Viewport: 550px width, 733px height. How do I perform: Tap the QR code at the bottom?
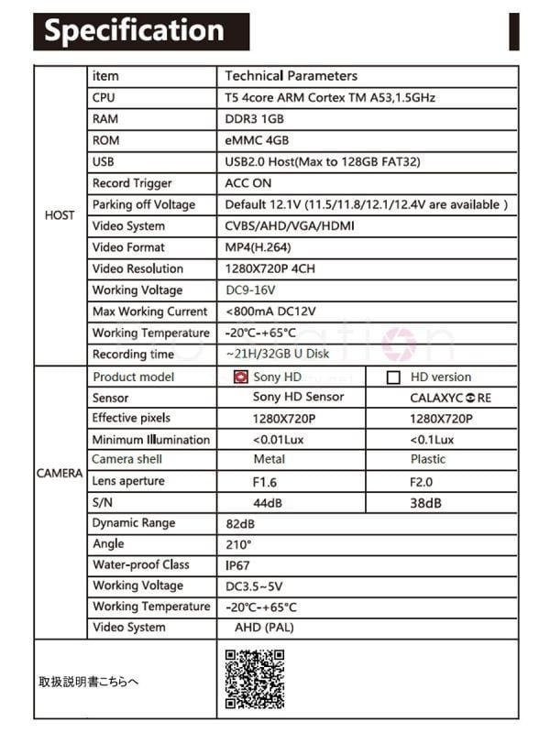pos(254,679)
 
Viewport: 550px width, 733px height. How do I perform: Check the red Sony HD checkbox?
pos(241,377)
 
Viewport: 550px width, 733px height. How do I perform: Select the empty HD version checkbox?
pos(394,377)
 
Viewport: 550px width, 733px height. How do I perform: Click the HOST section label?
pos(60,215)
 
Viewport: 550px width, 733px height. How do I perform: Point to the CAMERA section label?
pos(60,474)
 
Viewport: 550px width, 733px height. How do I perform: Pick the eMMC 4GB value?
pos(257,140)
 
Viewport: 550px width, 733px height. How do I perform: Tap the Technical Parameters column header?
pos(291,76)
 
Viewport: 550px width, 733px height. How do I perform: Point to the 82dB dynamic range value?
pos(239,523)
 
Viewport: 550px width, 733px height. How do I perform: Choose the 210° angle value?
pos(238,544)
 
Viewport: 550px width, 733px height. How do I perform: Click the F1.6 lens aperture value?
pos(265,481)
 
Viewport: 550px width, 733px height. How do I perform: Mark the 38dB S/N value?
pos(425,503)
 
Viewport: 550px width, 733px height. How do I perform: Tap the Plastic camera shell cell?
pos(428,459)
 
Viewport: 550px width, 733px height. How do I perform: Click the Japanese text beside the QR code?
pos(88,682)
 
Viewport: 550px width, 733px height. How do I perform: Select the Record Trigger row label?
pos(132,183)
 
